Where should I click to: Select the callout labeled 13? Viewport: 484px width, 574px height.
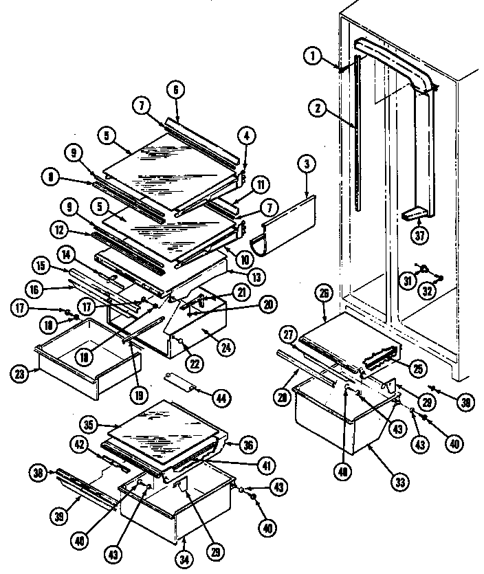[x=237, y=277]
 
